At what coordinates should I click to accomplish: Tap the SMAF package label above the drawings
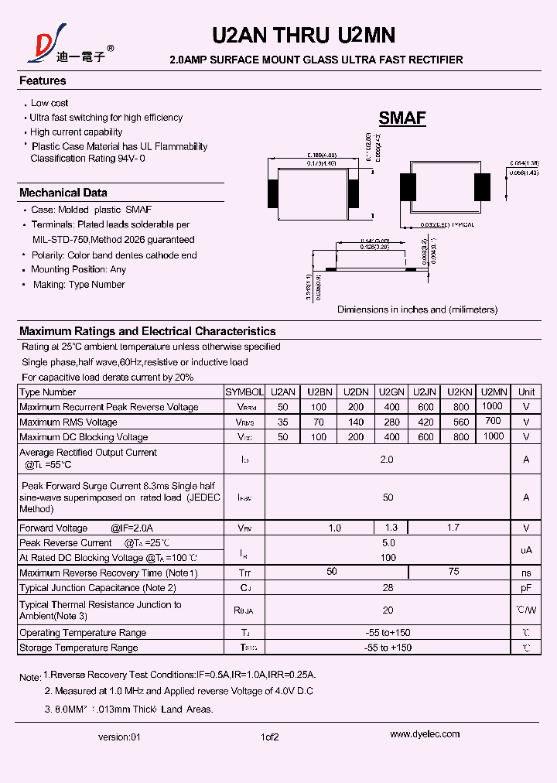402,118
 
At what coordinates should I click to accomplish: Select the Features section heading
43,80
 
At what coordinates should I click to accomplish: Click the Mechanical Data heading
63,193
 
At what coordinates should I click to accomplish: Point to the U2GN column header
391,392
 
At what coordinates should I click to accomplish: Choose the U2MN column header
492,391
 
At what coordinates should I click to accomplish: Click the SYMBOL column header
244,392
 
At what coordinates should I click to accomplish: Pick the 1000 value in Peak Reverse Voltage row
492,406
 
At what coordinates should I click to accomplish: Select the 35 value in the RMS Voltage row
283,422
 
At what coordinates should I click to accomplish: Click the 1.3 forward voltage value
391,528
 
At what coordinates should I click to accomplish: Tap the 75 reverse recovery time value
454,572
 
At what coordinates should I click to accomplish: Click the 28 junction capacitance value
388,588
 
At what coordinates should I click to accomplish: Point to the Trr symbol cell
244,573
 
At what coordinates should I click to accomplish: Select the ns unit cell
526,573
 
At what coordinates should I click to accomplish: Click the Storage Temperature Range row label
79,648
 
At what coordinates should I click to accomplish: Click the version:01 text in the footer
120,737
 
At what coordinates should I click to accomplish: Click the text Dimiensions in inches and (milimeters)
417,309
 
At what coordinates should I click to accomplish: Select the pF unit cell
526,588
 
